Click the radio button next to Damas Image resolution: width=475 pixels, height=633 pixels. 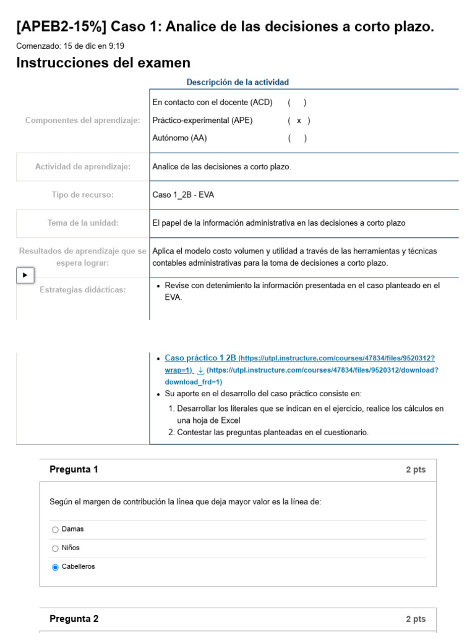(x=56, y=530)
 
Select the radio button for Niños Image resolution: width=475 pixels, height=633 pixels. (x=56, y=548)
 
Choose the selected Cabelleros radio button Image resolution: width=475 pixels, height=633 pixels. (x=56, y=567)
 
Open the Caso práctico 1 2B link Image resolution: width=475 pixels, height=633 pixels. (x=200, y=358)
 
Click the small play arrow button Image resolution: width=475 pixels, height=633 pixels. (x=25, y=275)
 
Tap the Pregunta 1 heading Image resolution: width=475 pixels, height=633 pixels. (x=74, y=470)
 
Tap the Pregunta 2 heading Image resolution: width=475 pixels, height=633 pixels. (x=74, y=619)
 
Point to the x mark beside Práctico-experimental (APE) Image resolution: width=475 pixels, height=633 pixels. (x=299, y=121)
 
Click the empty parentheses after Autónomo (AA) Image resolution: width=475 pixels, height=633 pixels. (x=297, y=138)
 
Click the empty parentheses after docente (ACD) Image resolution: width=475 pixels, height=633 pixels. (x=297, y=103)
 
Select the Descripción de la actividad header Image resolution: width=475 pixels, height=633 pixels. (x=237, y=82)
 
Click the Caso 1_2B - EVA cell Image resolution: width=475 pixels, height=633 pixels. (x=183, y=195)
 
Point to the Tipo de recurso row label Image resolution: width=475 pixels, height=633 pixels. (x=83, y=195)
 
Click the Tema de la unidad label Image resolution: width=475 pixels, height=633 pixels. (x=83, y=223)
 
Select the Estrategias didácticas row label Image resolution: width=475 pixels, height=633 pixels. (x=83, y=290)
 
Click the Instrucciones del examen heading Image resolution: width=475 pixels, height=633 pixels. (x=103, y=63)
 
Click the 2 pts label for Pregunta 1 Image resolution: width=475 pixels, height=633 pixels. (x=416, y=470)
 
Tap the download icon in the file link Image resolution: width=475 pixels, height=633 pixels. (x=200, y=370)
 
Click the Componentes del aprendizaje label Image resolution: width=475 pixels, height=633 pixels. (x=83, y=121)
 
